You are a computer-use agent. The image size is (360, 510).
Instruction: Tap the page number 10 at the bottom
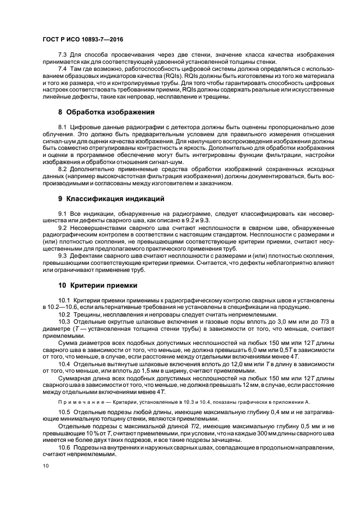(45, 465)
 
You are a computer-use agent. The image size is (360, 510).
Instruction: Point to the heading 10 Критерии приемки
(98, 284)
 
